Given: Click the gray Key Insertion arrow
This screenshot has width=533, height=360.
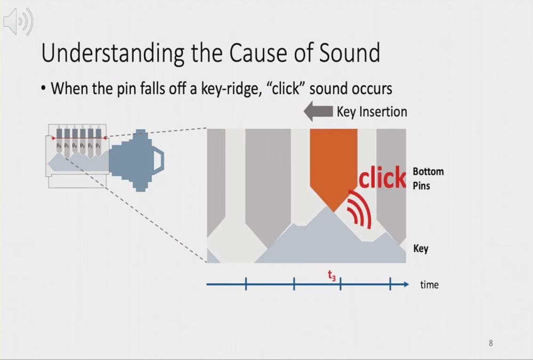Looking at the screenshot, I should pos(318,112).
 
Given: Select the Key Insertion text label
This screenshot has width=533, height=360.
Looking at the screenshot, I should pos(372,112).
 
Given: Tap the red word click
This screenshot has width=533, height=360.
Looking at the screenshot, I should pos(382,178).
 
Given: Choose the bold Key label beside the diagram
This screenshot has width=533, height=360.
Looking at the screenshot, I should pos(421,249).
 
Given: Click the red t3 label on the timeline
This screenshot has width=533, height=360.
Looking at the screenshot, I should pos(331,275).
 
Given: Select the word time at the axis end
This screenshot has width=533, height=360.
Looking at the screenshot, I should pos(429,285).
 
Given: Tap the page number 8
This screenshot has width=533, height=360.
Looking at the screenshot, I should pos(491,343).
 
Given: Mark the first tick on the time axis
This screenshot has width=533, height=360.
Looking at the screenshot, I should pos(246,284).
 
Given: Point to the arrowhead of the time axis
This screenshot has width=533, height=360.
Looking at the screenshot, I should pos(406,284).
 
